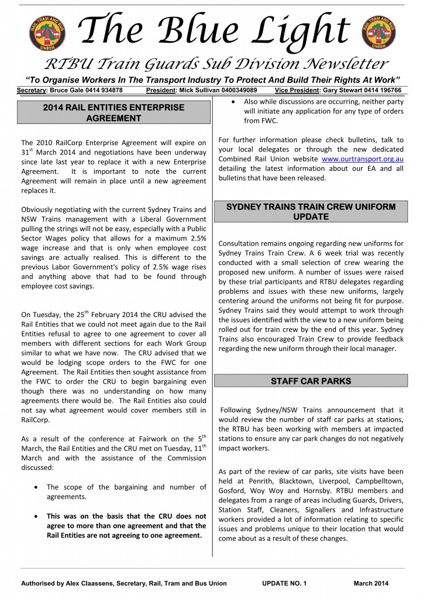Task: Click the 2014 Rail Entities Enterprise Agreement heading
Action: pyautogui.click(x=114, y=113)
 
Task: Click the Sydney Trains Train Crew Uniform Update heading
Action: pyautogui.click(x=311, y=212)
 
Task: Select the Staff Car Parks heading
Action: pyautogui.click(x=311, y=381)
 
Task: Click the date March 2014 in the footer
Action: pyautogui.click(x=371, y=583)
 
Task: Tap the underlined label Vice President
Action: pyautogui.click(x=295, y=91)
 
